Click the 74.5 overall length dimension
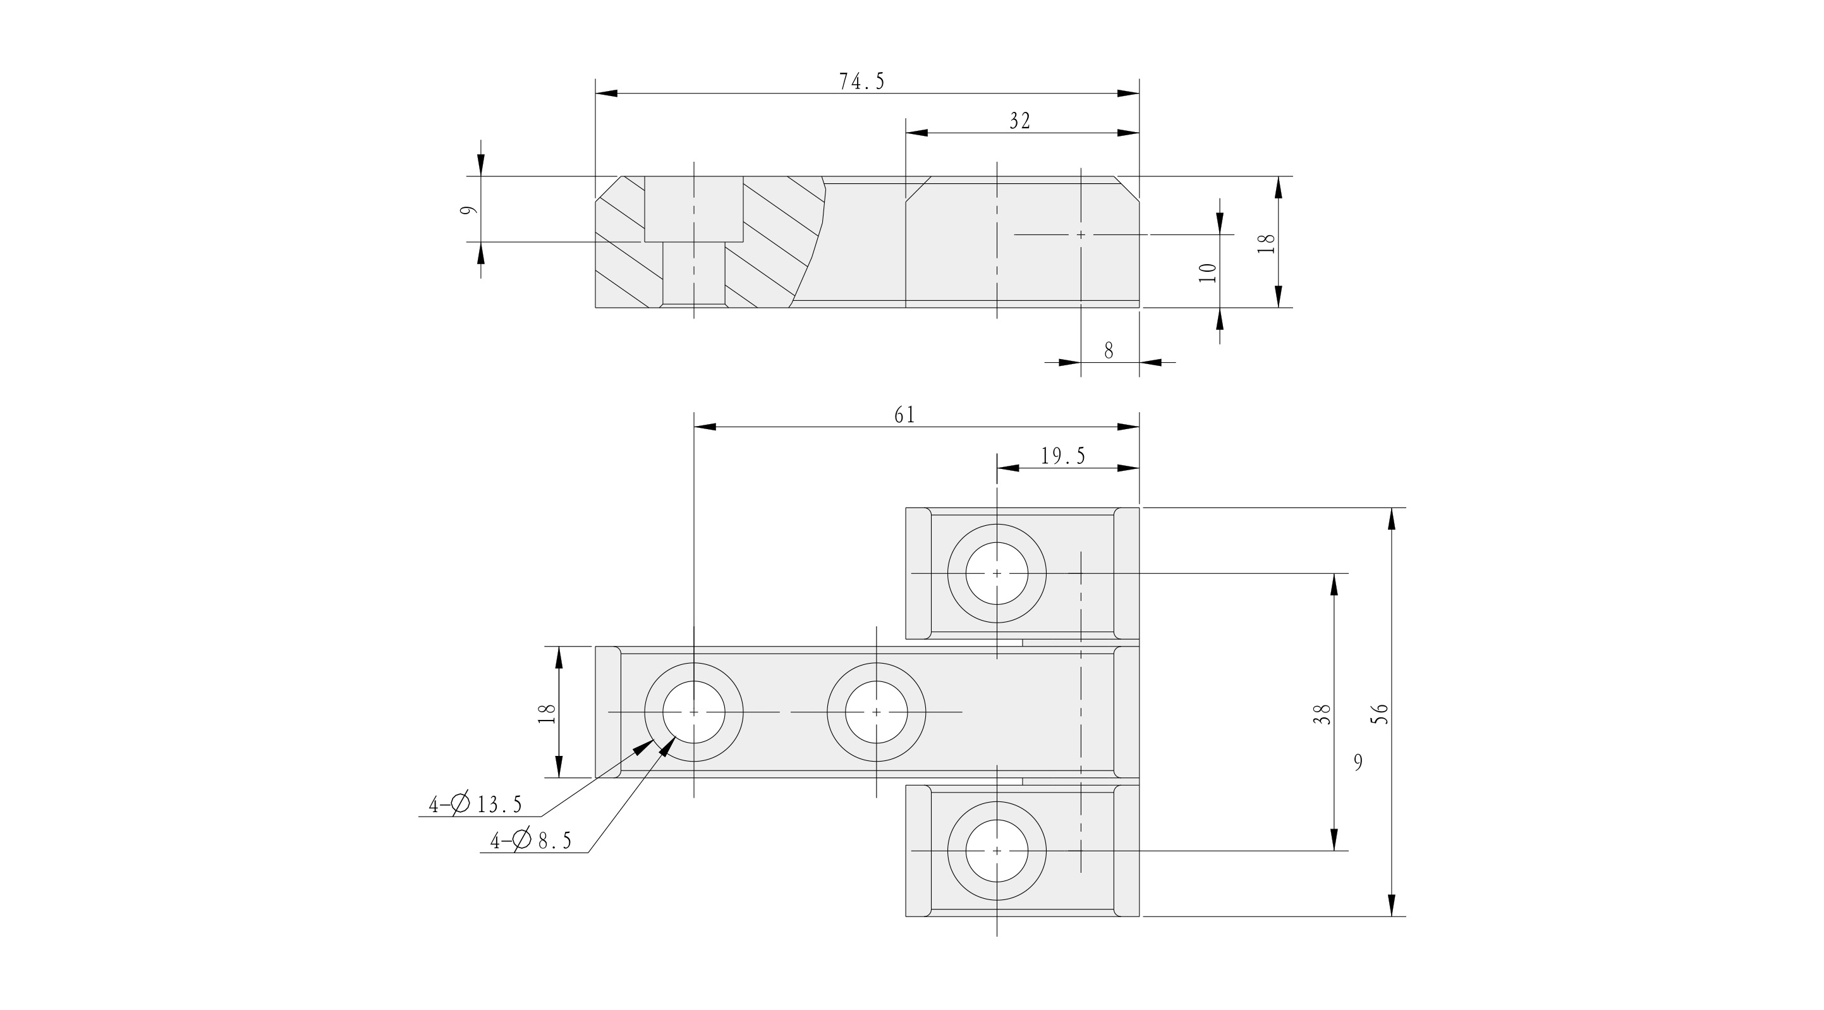coord(861,82)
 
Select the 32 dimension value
coord(1019,121)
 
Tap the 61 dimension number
coord(904,416)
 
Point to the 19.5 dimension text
coord(1063,457)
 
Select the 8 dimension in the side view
coord(1109,351)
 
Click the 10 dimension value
coord(1208,272)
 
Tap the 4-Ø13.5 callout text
coord(475,805)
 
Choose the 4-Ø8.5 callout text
coord(531,841)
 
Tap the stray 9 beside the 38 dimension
coord(1358,762)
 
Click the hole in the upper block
coord(996,573)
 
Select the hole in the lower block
coord(996,851)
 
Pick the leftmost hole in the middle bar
coord(694,712)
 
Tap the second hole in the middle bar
coord(877,712)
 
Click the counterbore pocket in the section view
coord(694,209)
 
